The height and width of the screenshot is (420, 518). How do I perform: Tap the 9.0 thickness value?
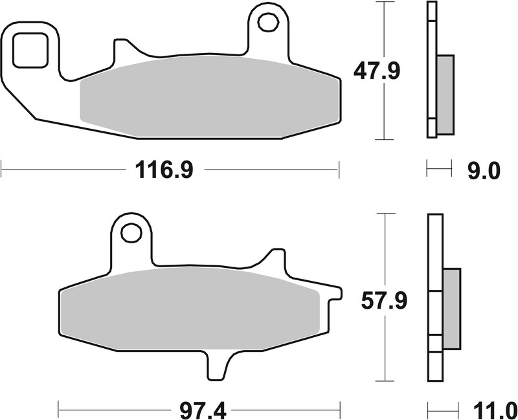484,171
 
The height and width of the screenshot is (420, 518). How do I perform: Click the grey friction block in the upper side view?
445,94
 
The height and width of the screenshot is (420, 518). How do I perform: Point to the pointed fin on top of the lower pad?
275,259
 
